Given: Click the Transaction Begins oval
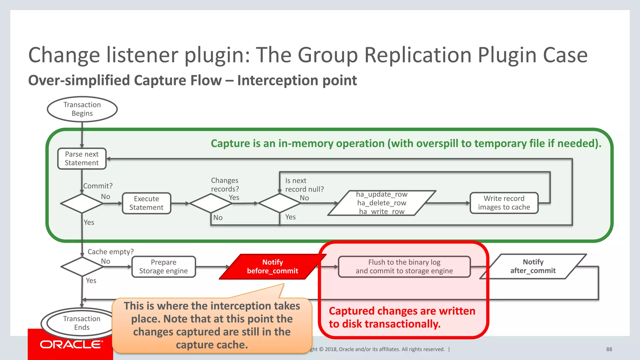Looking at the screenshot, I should coord(82,109).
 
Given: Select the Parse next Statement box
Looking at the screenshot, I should coord(82,159).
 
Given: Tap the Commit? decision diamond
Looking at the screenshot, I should coord(82,203).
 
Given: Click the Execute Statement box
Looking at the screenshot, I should coord(146,203).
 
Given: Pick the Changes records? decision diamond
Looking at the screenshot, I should coord(211,203).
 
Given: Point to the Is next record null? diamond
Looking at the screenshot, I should coord(280,203).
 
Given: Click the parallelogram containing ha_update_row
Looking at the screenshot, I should coord(382,203).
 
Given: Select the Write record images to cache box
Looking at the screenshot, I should coord(504,203).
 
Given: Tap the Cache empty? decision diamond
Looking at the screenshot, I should coord(82,267).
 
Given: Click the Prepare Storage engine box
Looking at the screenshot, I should coord(163,267).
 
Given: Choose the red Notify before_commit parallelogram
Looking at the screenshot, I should coord(272,267).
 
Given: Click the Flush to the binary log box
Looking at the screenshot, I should coord(404,267).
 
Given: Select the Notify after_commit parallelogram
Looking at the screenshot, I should coord(533,267).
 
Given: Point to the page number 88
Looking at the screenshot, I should coord(609,349).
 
